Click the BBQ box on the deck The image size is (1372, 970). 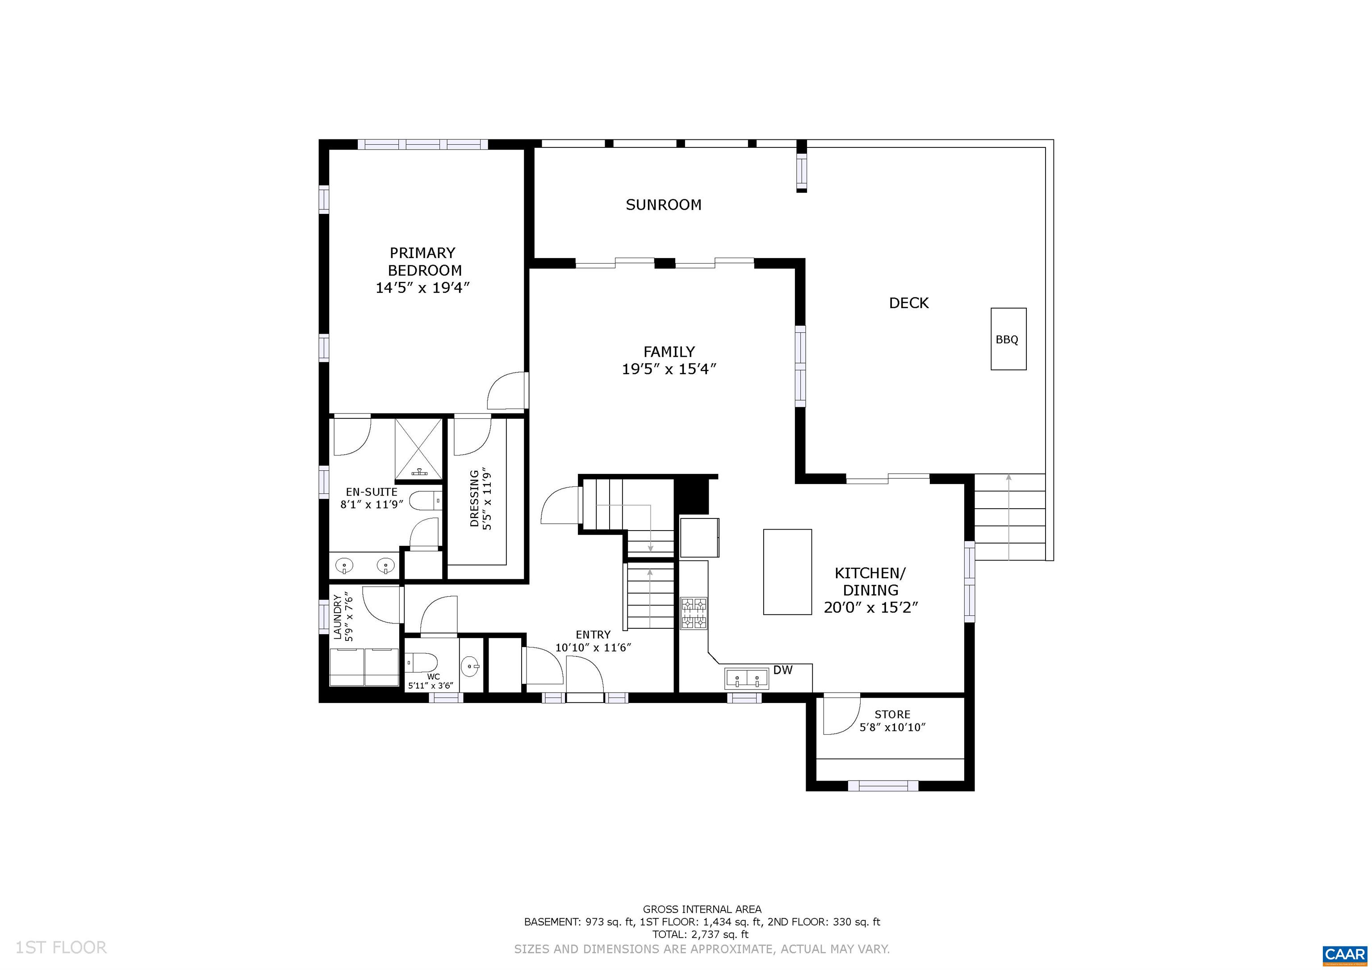(1009, 339)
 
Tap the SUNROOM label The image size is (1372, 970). (663, 205)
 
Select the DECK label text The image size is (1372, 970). (909, 303)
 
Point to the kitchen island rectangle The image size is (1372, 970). (787, 572)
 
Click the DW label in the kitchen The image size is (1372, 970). (783, 670)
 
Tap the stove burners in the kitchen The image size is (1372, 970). (694, 613)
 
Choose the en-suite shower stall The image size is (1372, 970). (418, 449)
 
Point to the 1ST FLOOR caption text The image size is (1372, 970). (61, 947)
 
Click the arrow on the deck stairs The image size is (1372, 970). (1009, 518)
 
